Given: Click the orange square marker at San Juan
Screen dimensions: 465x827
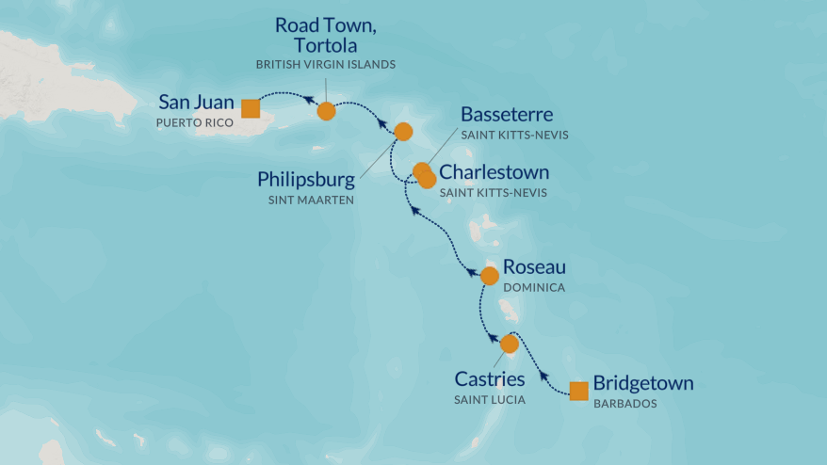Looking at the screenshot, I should pyautogui.click(x=251, y=108).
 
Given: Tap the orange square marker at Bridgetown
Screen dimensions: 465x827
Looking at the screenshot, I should pyautogui.click(x=579, y=391).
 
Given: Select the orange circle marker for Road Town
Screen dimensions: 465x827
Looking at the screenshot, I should pyautogui.click(x=326, y=111).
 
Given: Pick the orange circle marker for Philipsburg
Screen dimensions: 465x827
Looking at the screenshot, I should pyautogui.click(x=403, y=132).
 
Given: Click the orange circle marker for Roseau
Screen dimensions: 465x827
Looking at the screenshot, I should pyautogui.click(x=489, y=276).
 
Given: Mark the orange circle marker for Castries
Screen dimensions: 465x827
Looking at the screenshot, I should pyautogui.click(x=510, y=344).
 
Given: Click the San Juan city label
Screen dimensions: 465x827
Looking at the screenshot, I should pyautogui.click(x=195, y=101).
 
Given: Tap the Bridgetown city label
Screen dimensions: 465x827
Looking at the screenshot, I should pyautogui.click(x=643, y=383).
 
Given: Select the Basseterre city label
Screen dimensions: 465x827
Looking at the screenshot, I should pyautogui.click(x=506, y=115).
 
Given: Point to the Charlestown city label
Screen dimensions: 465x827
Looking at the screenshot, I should pyautogui.click(x=495, y=172).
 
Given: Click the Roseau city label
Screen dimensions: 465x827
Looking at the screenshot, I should pyautogui.click(x=534, y=267).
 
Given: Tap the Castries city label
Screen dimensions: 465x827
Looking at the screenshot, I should pyautogui.click(x=490, y=379).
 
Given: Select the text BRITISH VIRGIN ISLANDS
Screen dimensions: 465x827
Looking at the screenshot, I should pyautogui.click(x=326, y=64).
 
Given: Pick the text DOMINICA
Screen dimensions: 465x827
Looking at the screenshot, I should pyautogui.click(x=533, y=287).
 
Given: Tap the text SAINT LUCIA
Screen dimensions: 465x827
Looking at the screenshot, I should pyautogui.click(x=490, y=400).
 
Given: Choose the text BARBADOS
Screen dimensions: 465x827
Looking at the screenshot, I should pyautogui.click(x=624, y=403).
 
